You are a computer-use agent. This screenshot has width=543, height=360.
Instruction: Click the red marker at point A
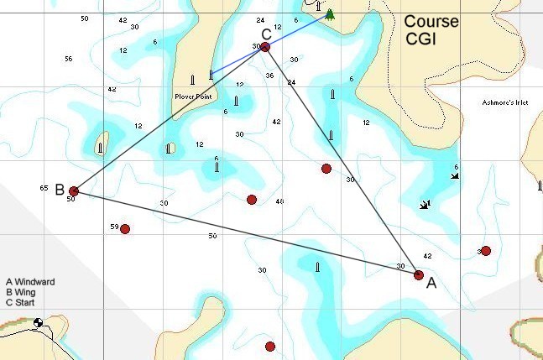point(419,274)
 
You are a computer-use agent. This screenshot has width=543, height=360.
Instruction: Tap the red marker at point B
point(74,191)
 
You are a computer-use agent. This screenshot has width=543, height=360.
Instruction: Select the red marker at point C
point(265,47)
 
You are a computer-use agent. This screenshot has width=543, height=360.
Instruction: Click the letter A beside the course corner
point(431,284)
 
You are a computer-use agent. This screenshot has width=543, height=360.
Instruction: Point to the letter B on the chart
point(60,190)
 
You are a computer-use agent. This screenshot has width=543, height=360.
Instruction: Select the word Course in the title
point(431,22)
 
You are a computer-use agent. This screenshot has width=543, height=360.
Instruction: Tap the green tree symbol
point(330,14)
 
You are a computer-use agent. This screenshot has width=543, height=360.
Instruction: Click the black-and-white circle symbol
point(38,322)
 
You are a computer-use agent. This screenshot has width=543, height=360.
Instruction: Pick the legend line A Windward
point(30,282)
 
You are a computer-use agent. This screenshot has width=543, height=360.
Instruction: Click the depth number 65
point(44,189)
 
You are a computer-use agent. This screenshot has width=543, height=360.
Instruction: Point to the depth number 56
point(68,59)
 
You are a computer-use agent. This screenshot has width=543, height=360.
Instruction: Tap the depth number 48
point(279,202)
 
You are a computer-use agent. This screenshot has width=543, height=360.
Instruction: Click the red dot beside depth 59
point(125,229)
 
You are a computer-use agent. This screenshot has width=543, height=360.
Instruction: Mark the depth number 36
point(269,76)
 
